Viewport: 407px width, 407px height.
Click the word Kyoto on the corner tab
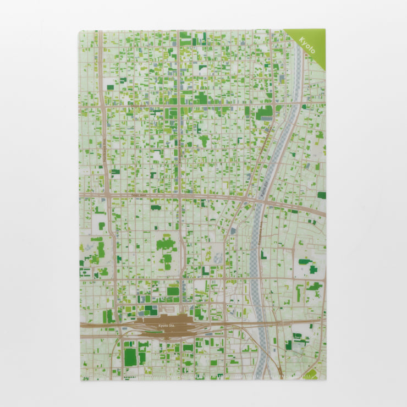307,44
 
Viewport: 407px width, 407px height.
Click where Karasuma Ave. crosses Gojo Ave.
180,195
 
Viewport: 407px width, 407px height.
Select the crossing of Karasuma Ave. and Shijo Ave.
179,104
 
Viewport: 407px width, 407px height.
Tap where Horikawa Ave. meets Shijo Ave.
102,105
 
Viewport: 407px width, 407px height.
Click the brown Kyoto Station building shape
165,321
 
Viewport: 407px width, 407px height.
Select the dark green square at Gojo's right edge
321,195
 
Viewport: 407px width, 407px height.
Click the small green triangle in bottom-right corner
311,374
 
